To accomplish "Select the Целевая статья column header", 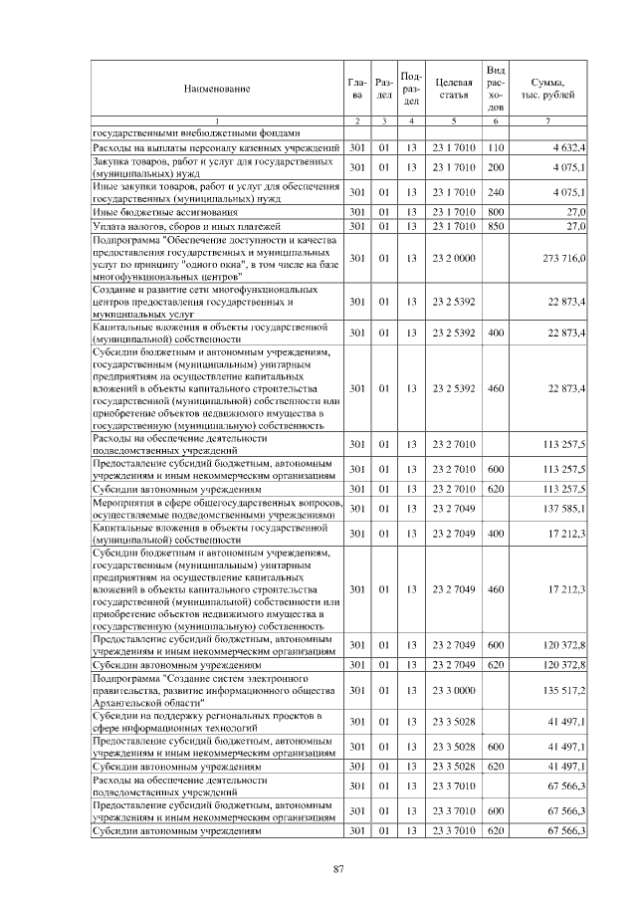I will click(453, 90).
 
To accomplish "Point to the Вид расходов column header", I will click(496, 88).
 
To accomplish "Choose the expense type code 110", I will click(496, 147).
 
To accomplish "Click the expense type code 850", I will click(496, 226).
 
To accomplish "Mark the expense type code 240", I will click(496, 192).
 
